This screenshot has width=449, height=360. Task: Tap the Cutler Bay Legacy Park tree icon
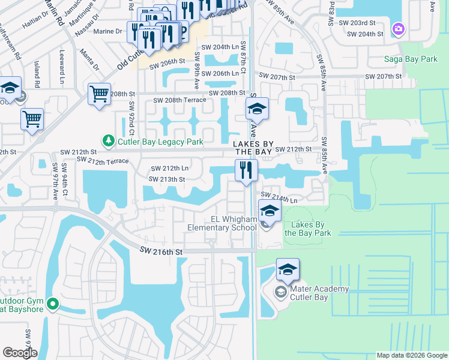(x=109, y=142)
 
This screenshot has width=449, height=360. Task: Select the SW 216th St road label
(x=161, y=253)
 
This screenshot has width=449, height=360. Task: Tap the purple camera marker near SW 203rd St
(x=399, y=29)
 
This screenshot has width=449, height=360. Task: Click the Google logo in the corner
(x=19, y=352)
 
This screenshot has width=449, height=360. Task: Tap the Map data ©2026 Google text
(x=411, y=355)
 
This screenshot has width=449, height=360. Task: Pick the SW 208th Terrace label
(x=180, y=100)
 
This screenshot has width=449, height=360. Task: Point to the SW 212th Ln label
(x=169, y=169)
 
